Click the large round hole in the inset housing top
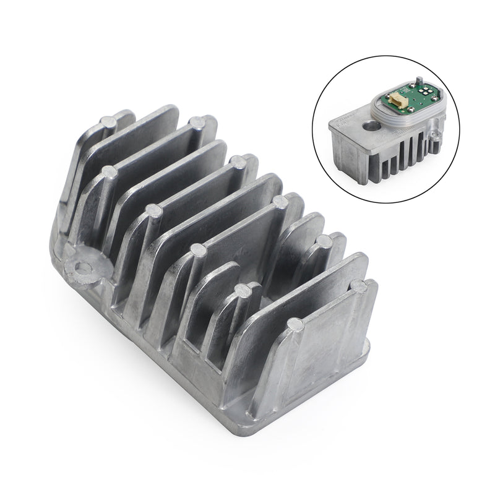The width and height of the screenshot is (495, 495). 372,126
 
